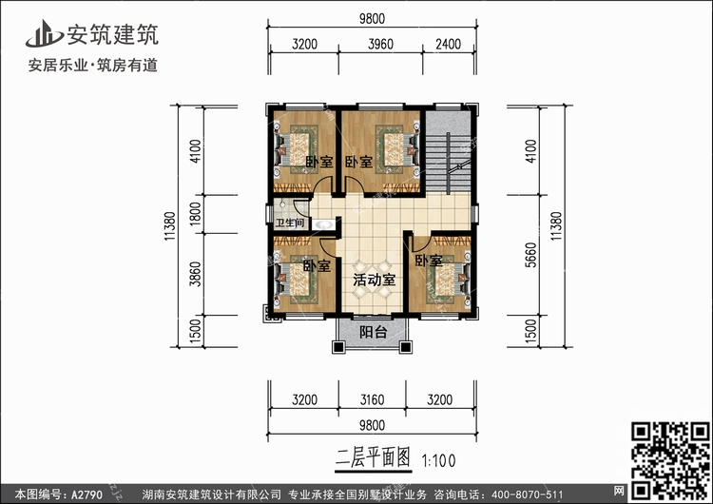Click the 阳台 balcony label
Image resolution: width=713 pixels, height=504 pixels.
(x=374, y=332)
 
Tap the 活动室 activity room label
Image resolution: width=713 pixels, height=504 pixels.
(x=374, y=281)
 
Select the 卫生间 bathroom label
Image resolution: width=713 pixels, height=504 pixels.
(x=289, y=223)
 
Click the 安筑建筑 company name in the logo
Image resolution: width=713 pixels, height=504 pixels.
(x=111, y=35)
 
